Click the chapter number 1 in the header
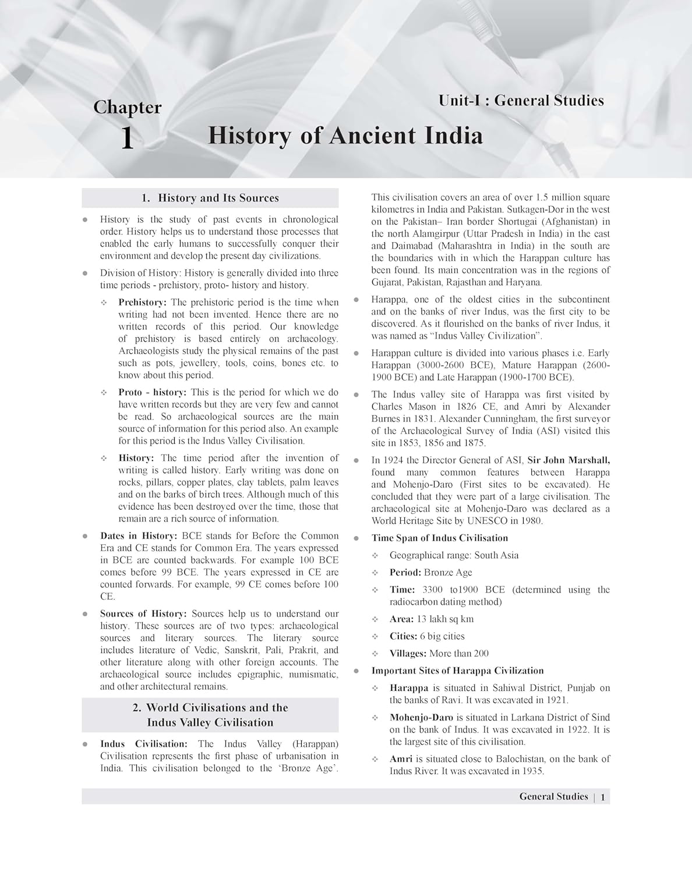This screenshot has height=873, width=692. (x=127, y=140)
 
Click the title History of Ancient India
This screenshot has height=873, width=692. (x=345, y=136)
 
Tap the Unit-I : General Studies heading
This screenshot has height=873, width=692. (x=521, y=101)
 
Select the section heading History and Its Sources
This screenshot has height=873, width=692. (x=210, y=198)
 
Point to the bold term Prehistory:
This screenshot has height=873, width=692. (x=142, y=303)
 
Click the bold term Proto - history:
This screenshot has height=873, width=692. (x=152, y=392)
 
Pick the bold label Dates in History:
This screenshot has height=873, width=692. (x=139, y=536)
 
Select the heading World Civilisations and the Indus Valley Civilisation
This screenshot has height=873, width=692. (x=210, y=715)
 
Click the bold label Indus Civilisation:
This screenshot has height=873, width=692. (x=143, y=744)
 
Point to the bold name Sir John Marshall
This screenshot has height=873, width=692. (x=569, y=460)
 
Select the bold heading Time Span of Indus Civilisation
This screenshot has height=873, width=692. (x=439, y=538)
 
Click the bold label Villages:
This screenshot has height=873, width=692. (x=408, y=654)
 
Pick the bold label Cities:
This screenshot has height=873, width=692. (x=403, y=636)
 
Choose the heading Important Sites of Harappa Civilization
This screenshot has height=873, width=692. (x=457, y=670)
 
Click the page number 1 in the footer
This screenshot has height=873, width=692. (x=603, y=797)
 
